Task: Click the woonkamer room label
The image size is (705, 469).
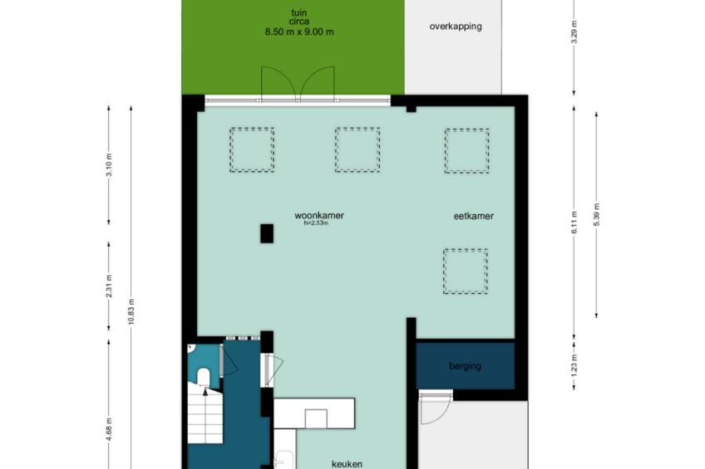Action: (x=319, y=216)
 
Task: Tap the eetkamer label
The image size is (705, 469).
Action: (x=473, y=216)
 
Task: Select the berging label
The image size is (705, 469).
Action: (x=465, y=366)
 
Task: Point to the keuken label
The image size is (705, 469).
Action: (x=347, y=464)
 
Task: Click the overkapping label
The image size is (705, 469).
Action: (x=456, y=26)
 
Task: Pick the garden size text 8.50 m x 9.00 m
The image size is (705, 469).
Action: (x=299, y=32)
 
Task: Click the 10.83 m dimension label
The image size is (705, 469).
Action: (x=131, y=311)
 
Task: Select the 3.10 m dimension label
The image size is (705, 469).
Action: (x=109, y=164)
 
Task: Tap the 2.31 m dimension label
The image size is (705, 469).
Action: (x=109, y=286)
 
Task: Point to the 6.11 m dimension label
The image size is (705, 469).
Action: (x=574, y=222)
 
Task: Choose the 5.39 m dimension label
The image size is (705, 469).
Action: (x=597, y=214)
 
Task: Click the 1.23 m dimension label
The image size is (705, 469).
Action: (x=574, y=365)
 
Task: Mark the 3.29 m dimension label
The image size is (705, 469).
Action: (x=574, y=32)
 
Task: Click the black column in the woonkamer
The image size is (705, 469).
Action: (x=267, y=233)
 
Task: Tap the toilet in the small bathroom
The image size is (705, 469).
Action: (x=203, y=377)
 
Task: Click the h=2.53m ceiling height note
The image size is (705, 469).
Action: (x=316, y=222)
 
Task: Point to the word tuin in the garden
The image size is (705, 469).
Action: (x=299, y=13)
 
